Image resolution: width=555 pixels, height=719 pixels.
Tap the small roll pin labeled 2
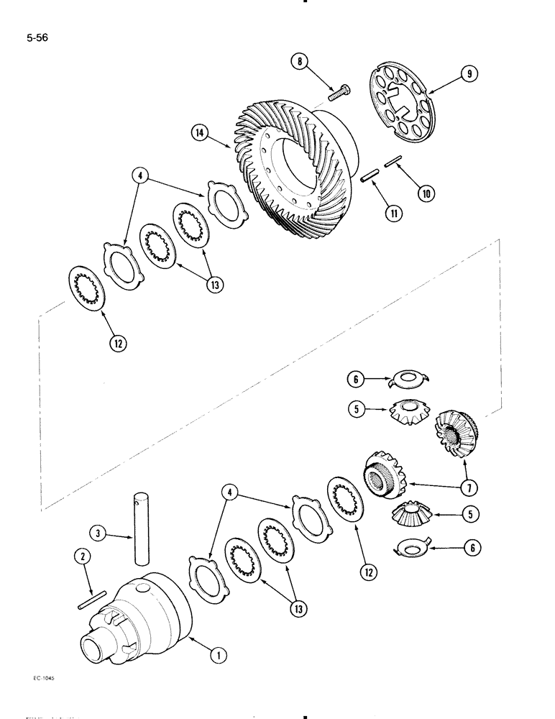(x=93, y=598)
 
